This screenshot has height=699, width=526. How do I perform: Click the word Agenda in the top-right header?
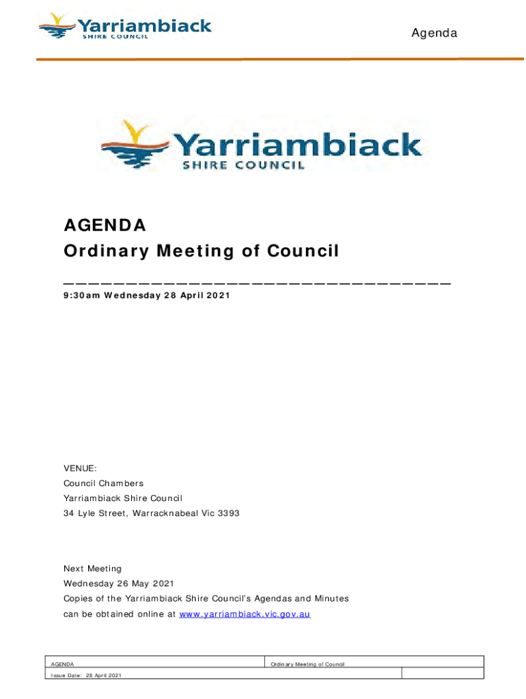(434, 33)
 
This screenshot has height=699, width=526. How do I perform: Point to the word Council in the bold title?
(303, 251)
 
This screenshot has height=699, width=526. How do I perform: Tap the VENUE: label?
(80, 468)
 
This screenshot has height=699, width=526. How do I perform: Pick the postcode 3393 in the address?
(228, 513)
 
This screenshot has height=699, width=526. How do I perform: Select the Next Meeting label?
(92, 569)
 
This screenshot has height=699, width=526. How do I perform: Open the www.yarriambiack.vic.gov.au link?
(245, 614)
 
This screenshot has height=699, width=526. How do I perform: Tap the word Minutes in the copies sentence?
(328, 599)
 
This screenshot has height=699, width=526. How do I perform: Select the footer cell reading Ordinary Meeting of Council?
(307, 664)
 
